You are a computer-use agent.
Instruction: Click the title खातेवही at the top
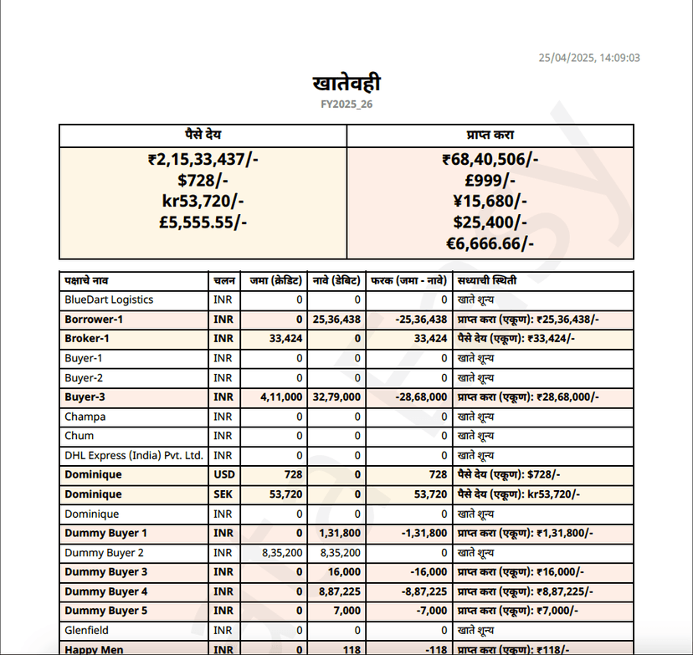pos(346,84)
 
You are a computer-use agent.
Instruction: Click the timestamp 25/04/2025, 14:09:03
pos(589,58)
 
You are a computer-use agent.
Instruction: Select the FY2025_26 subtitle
pos(346,105)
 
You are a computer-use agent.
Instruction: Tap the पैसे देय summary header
pos(203,136)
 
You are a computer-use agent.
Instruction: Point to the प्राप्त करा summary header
pos(490,136)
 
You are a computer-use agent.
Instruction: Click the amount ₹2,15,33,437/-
pos(203,159)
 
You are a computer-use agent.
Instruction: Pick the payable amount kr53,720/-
pos(203,201)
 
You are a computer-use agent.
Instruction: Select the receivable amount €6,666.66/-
pos(490,243)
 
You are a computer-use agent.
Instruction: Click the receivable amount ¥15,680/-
pos(490,201)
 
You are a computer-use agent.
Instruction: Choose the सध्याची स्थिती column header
pos(487,280)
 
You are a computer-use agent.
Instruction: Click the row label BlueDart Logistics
pos(109,299)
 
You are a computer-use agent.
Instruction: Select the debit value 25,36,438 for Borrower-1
pos(336,320)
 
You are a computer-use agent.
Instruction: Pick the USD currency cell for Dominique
pos(223,474)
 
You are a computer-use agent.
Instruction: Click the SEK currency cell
pos(223,494)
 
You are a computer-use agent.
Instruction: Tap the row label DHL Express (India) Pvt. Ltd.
pos(134,455)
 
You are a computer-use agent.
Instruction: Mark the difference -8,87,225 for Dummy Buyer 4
pos(421,591)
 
